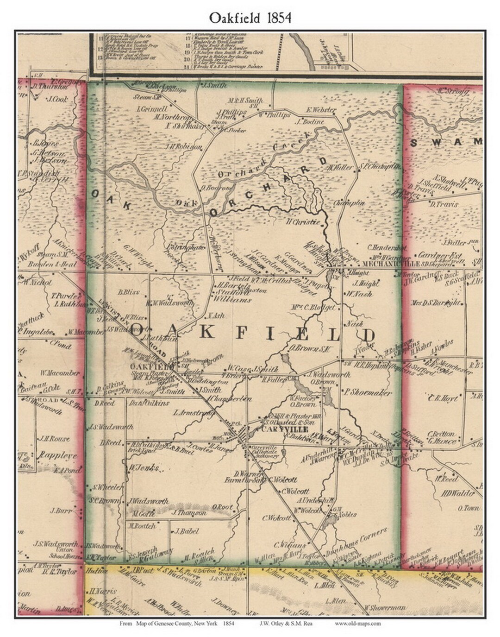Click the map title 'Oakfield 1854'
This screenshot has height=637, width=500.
(x=250, y=18)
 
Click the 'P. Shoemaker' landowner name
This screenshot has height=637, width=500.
(x=368, y=392)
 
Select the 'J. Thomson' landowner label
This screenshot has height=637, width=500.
(x=189, y=513)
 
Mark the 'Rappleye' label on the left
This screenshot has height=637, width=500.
(x=58, y=455)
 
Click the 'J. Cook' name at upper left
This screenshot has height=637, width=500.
(x=57, y=99)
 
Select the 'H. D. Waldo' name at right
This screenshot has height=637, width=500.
(x=458, y=493)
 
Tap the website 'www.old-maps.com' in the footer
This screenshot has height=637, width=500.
(x=358, y=624)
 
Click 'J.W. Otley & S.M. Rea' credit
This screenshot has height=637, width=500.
(x=283, y=624)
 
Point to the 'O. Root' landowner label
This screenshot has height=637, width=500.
(x=223, y=507)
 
